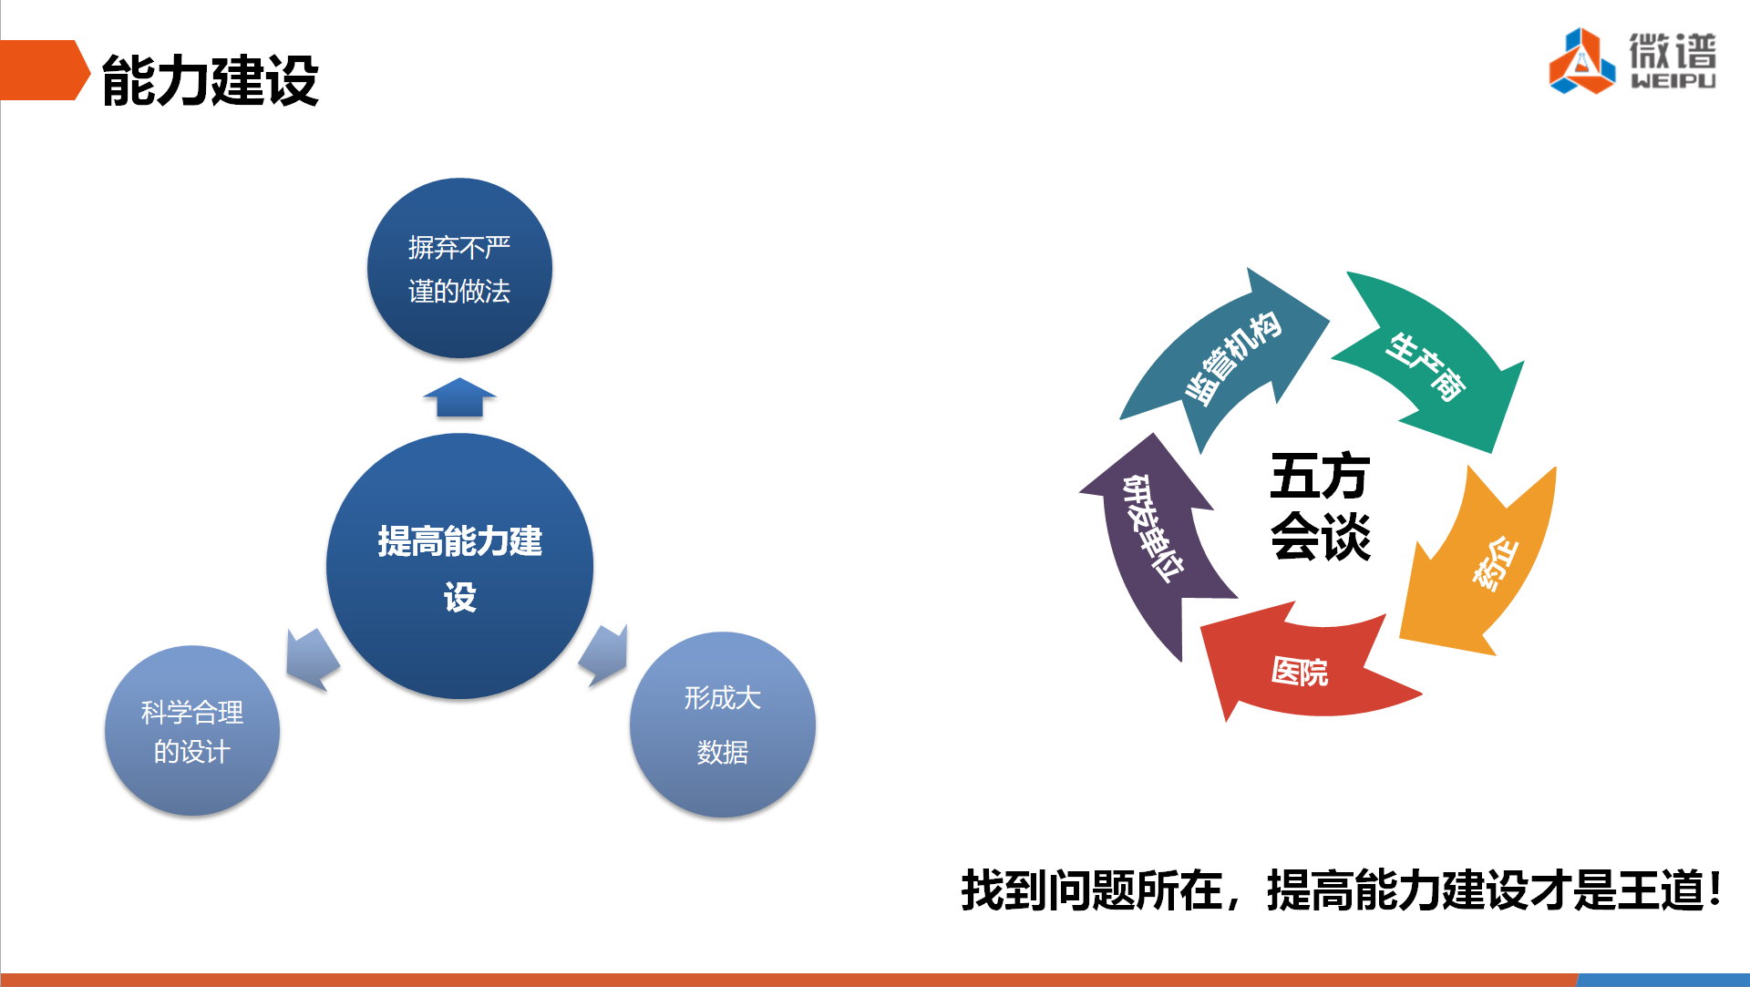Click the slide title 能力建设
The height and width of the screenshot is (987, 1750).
coord(211,80)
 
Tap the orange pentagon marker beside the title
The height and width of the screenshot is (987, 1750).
coord(44,69)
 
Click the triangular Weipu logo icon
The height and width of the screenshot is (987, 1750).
coord(1582,61)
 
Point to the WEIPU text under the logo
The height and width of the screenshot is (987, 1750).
coord(1673,81)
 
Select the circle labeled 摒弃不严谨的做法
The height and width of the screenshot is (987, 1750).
coord(459,268)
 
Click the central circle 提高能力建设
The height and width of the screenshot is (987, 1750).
coord(459,566)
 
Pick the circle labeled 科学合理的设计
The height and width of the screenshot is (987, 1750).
coord(192,730)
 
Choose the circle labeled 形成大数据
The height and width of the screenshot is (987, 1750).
coord(722,725)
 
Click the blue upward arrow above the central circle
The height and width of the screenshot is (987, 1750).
coord(459,397)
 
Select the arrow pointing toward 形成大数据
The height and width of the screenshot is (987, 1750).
coord(604,654)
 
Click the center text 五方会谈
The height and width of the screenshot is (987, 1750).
coord(1320,506)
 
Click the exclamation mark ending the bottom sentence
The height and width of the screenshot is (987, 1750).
coord(1715,889)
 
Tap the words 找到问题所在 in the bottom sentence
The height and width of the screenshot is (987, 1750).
coord(1092,890)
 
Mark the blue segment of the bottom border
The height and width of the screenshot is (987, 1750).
coord(1663,980)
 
